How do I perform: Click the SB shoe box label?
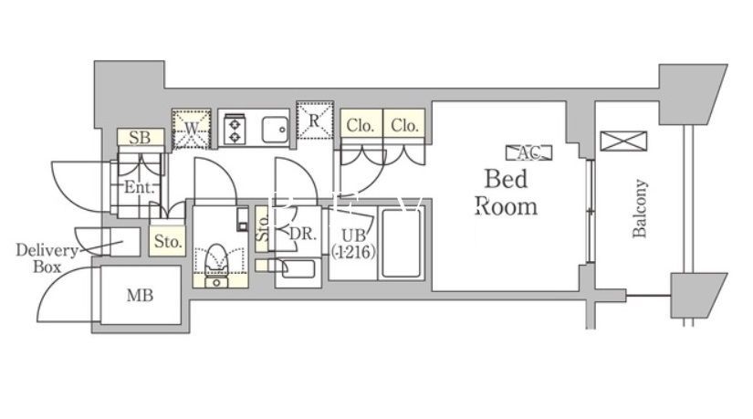click(x=140, y=138)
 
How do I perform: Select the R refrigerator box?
click(x=314, y=119)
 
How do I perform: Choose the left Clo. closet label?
click(x=361, y=125)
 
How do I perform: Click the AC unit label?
click(x=529, y=152)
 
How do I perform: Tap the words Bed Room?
click(x=507, y=191)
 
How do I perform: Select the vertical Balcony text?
click(x=640, y=209)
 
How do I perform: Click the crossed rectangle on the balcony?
click(x=623, y=141)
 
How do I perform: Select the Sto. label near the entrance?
click(x=167, y=242)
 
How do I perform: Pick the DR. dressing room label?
click(x=301, y=234)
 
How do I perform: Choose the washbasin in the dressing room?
click(x=297, y=269)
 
